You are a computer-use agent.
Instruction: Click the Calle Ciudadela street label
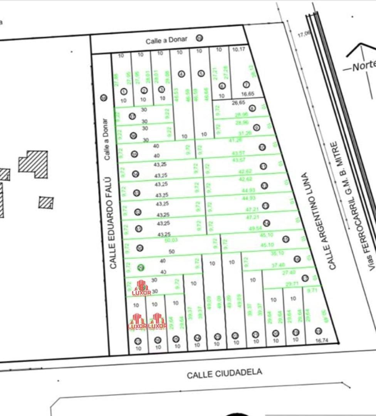tap(224, 373)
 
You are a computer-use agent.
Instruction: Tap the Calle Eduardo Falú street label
tap(112, 223)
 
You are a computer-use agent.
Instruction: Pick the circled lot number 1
tap(124, 92)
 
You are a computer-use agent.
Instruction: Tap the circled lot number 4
tap(181, 74)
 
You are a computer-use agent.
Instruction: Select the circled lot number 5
tap(201, 73)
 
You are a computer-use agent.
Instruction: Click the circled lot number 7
tap(246, 85)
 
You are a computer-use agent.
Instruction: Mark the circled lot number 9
tap(257, 127)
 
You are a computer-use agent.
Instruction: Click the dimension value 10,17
tap(239, 49)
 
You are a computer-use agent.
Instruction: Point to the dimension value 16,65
tap(248, 94)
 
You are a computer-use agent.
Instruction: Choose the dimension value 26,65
tap(238, 103)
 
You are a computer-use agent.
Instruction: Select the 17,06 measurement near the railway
tap(303, 34)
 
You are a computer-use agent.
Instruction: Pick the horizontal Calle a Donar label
tap(166, 40)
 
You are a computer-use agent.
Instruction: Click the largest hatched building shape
tap(34, 164)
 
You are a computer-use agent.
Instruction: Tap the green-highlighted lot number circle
tap(141, 268)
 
